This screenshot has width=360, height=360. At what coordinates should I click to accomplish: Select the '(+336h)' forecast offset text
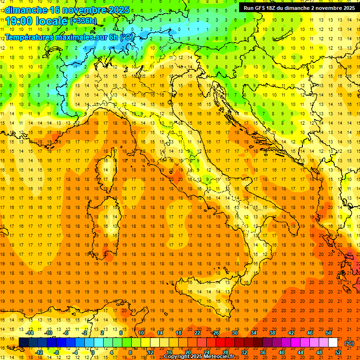83,21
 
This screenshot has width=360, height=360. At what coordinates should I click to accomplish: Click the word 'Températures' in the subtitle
31,37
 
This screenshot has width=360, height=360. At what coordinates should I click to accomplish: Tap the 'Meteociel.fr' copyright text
218,357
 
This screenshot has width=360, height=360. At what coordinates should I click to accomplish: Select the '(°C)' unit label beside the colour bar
349,343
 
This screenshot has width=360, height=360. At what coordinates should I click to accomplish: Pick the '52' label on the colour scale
338,352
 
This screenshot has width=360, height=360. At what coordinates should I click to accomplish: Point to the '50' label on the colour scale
329,333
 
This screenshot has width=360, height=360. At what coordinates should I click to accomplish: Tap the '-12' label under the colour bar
39,352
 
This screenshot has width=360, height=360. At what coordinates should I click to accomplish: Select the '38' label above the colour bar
272,333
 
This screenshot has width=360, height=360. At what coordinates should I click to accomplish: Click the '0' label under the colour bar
93,352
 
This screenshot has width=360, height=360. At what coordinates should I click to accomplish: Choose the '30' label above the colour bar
235,333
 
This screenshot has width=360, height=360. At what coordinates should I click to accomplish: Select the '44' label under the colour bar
300,352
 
